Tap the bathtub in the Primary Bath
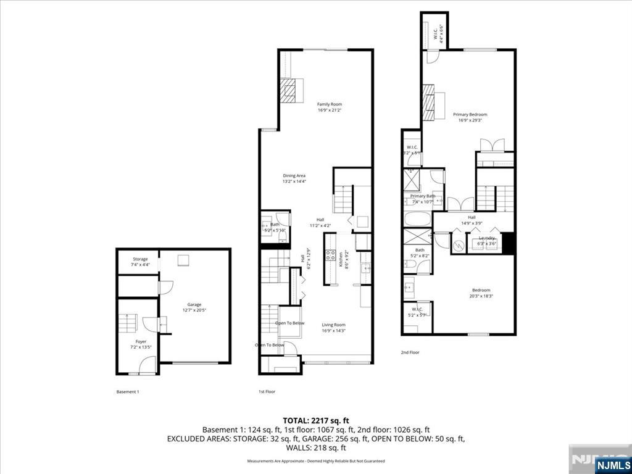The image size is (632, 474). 418,219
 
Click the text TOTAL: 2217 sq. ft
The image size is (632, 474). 316,420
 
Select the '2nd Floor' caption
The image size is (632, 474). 410,352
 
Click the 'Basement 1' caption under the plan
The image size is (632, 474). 128,392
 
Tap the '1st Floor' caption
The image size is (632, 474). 267,392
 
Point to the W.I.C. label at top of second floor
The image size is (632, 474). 436,31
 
